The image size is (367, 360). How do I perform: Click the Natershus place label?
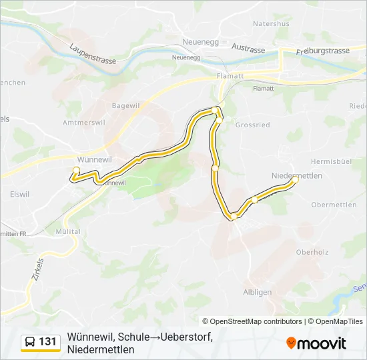pyautogui.click(x=271, y=23)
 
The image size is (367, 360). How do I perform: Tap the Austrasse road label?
pyautogui.click(x=248, y=48)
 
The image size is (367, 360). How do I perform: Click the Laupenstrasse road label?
pyautogui.click(x=93, y=54)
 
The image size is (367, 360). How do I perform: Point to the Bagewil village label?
pyautogui.click(x=125, y=105)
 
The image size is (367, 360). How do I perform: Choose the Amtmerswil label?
pyautogui.click(x=83, y=123)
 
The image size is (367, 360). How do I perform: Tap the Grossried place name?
pyautogui.click(x=252, y=125)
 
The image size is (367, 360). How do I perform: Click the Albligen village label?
pyautogui.click(x=258, y=292)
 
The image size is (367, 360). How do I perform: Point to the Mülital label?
pyautogui.click(x=68, y=231)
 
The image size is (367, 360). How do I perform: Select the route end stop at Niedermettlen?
pyautogui.click(x=295, y=179)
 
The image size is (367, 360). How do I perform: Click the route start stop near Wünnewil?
pyautogui.click(x=75, y=169)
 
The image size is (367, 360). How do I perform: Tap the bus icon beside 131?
pyautogui.click(x=30, y=342)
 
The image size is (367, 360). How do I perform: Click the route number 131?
pyautogui.click(x=48, y=342)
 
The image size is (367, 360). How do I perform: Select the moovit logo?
pyautogui.click(x=316, y=343)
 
